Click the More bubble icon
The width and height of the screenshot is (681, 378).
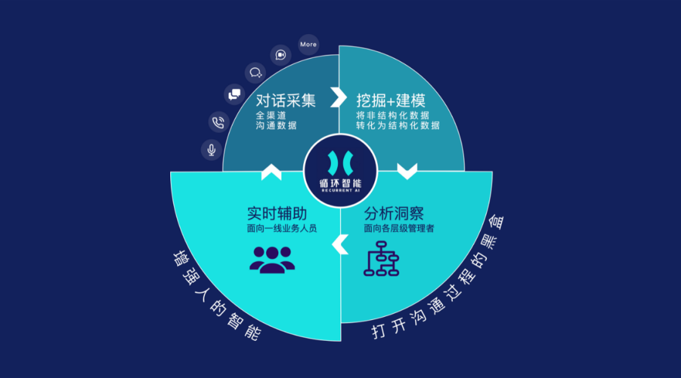pos(308,45)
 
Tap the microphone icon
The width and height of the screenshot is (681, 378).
pos(211,149)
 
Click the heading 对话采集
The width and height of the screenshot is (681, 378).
pos(286,100)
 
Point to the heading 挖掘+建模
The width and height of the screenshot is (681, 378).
pos(390,100)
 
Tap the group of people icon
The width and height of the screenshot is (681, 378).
pos(272,258)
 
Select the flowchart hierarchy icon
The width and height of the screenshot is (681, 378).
pos(381,258)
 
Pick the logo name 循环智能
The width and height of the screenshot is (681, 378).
pos(340,180)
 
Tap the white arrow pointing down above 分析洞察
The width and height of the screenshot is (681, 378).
pos(407,171)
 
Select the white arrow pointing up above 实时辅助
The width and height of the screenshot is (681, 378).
pos(271,171)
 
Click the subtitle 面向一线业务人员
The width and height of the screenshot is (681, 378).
pos(281,228)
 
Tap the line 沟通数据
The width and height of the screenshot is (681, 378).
pos(276,125)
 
